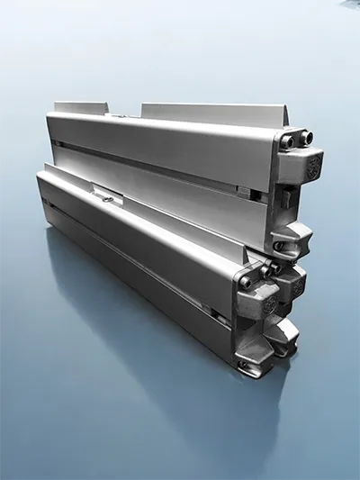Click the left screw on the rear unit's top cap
click(x=286, y=141)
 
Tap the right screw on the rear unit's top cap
click(x=305, y=138)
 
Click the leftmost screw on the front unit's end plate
click(x=245, y=282)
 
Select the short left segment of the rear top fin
click(x=81, y=107)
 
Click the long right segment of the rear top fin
click(x=211, y=114)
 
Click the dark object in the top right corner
click(x=352, y=4)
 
